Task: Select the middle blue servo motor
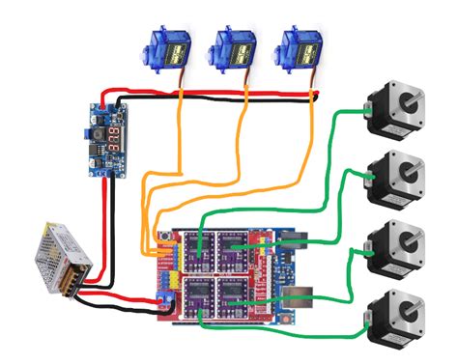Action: point(234,47)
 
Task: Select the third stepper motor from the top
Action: point(396,246)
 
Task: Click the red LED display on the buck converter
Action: point(116,134)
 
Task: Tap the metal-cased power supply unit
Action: point(60,257)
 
